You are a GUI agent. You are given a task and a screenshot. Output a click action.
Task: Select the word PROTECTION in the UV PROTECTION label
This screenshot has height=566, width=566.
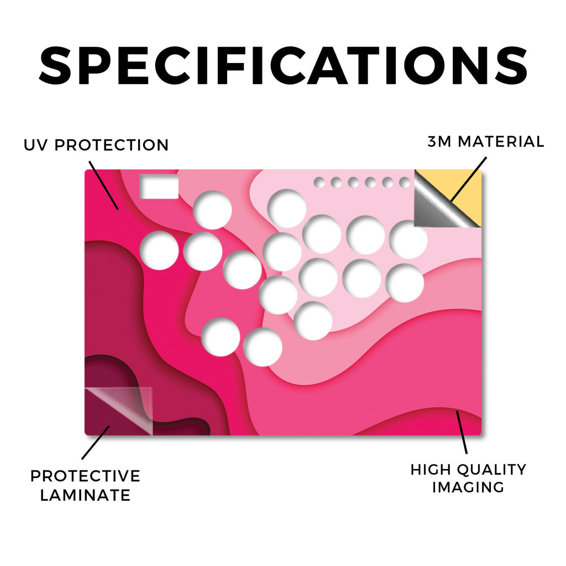coord(112,145)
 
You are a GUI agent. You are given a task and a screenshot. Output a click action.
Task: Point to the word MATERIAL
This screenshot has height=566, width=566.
coord(501,141)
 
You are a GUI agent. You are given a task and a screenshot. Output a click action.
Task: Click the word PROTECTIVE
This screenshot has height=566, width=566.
coord(85,476)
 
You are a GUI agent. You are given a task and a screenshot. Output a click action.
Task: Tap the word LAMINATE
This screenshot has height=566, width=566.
coord(85,495)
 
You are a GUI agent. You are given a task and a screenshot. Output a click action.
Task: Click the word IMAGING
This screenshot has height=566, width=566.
coord(468,488)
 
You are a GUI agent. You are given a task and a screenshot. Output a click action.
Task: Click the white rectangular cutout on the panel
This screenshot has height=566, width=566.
coord(159,186)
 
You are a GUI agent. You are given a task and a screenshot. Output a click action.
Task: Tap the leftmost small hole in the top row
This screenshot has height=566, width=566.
coord(319,182)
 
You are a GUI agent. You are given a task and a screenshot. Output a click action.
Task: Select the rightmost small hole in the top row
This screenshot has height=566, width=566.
coord(405,182)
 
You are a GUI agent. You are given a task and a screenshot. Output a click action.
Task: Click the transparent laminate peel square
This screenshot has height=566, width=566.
coord(118,411)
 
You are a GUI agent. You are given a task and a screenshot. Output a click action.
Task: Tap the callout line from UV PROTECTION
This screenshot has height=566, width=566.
coord(103,185)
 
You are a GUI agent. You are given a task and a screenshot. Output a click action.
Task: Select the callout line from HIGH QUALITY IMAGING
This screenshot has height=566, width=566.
coord(462,432)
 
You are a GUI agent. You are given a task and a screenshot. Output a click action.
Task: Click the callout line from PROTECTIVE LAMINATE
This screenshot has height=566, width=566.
coord(96,443)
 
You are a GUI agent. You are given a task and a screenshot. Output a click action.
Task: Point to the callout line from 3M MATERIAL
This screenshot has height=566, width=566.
coord(468,180)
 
